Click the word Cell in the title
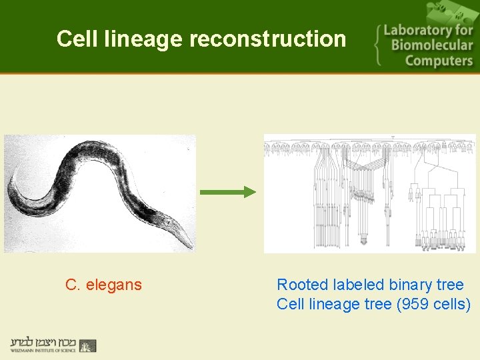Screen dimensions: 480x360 click(x=78, y=39)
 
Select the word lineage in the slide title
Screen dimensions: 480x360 click(x=144, y=39)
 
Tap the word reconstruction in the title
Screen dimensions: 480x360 click(x=268, y=39)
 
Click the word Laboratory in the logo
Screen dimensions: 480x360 click(x=427, y=30)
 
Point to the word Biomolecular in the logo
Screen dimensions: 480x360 click(x=431, y=45)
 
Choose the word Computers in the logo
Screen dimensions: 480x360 click(x=438, y=61)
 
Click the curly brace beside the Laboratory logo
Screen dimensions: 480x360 click(x=380, y=45)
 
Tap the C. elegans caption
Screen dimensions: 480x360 click(x=103, y=285)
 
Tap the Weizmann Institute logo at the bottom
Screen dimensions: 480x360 click(x=53, y=345)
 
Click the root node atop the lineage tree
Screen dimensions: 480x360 click(x=393, y=137)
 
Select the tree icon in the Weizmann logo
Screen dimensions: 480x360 click(x=88, y=345)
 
